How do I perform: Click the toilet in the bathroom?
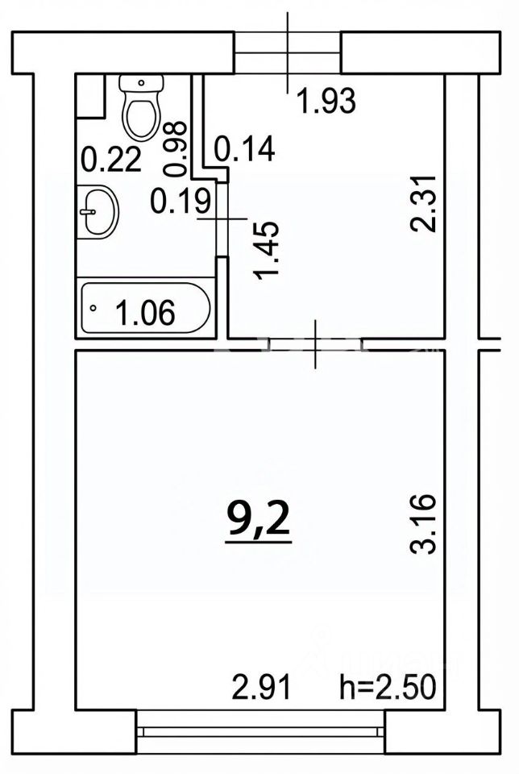click(142, 107)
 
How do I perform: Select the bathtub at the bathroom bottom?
click(146, 308)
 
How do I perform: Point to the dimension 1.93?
click(327, 102)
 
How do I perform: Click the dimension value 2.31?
click(424, 202)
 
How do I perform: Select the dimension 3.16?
click(424, 523)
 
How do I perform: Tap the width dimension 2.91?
click(262, 687)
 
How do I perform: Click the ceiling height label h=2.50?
click(388, 687)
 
